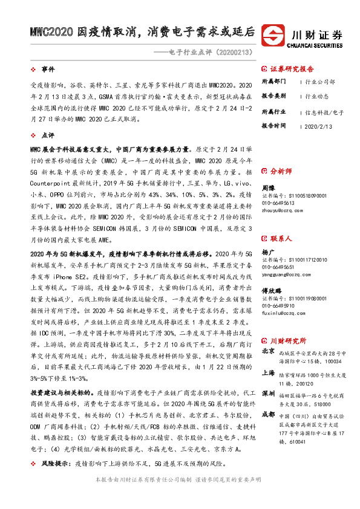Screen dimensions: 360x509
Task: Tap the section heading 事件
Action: pos(48,71)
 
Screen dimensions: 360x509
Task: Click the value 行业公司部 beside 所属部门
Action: pos(321,81)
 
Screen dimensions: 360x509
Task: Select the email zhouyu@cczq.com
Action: pos(283,211)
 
